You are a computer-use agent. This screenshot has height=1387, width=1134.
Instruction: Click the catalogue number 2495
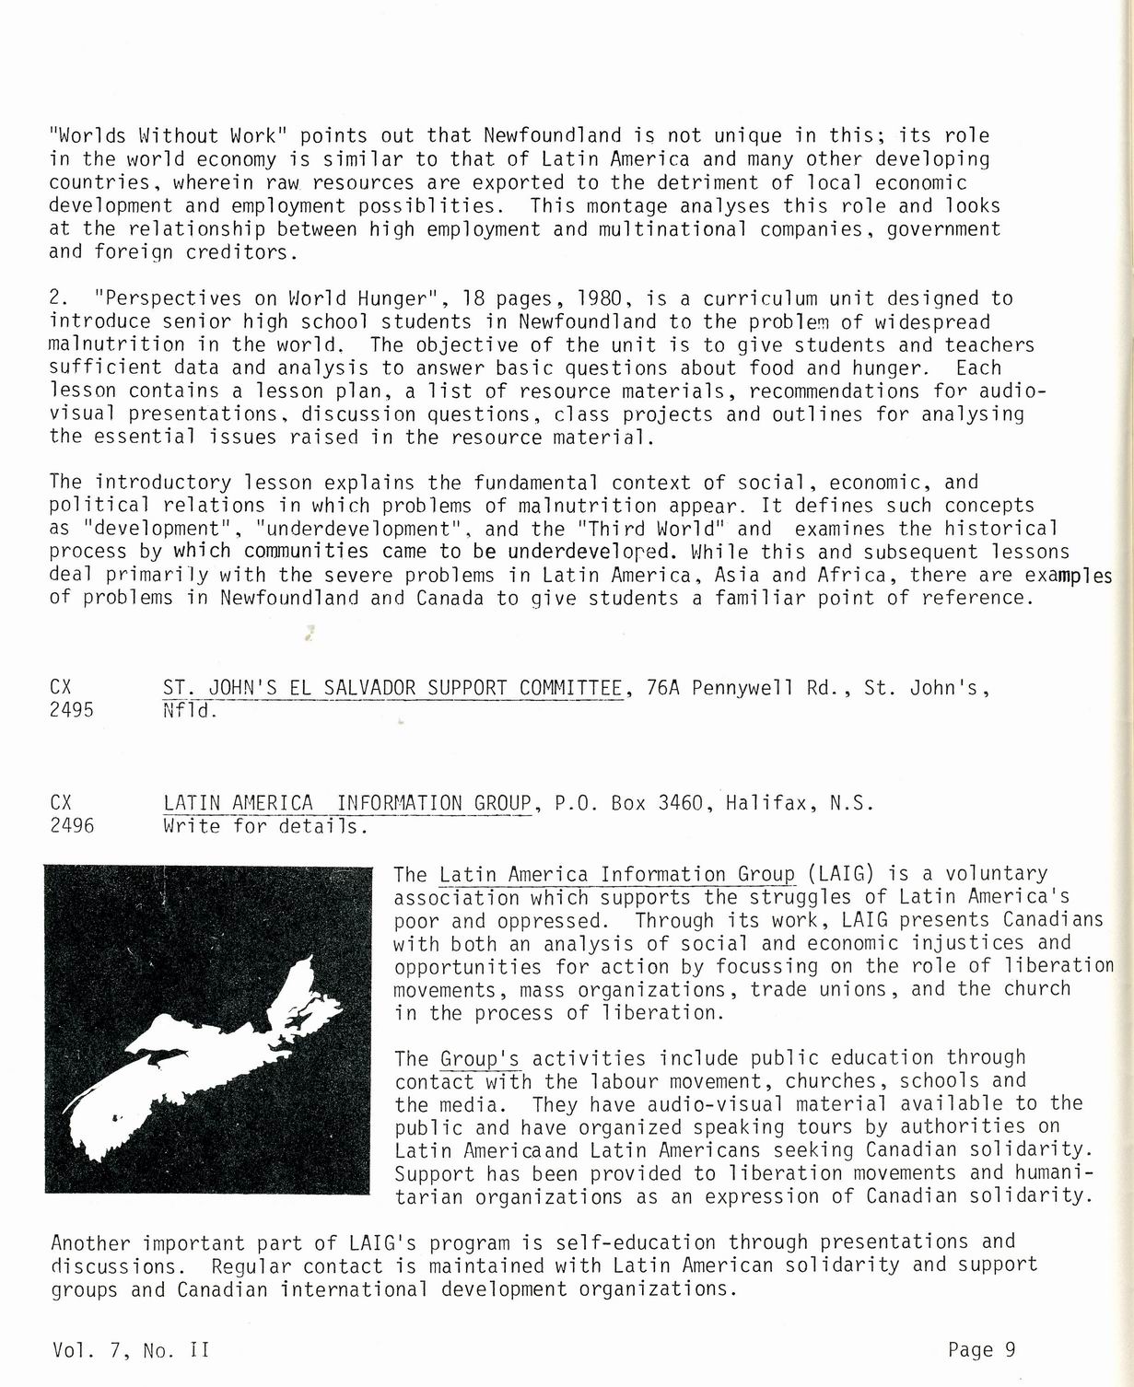(x=71, y=710)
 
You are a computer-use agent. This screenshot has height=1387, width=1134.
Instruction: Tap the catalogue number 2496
(x=71, y=825)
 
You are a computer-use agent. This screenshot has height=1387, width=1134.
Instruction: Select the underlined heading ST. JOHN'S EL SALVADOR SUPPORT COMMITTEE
(x=392, y=688)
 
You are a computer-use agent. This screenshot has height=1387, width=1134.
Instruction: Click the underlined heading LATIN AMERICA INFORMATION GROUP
(x=347, y=802)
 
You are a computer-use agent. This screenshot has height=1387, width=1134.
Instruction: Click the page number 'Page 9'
(x=981, y=1349)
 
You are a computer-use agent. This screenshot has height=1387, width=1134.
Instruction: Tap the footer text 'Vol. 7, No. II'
(x=131, y=1350)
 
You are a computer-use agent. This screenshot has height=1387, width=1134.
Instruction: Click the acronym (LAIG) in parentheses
(x=839, y=873)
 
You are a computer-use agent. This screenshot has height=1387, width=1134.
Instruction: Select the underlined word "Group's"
(x=479, y=1057)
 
